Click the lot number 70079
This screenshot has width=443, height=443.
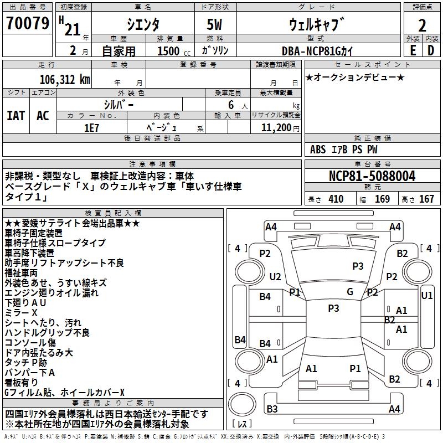(28, 24)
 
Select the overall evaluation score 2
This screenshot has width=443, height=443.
(422, 25)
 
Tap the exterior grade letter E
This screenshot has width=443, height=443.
(413, 50)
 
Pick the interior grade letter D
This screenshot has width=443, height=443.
(431, 50)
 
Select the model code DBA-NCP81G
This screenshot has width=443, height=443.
(316, 50)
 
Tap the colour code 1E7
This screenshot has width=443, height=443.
(91, 126)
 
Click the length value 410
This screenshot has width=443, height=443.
(336, 199)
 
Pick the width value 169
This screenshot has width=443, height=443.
(382, 199)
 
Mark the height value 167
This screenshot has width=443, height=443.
(426, 199)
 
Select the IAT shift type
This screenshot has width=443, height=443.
(16, 115)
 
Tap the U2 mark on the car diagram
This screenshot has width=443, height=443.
(275, 276)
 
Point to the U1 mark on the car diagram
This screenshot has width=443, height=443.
(427, 296)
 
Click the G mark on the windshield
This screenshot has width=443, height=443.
(350, 292)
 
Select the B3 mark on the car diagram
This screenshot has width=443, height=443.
(272, 409)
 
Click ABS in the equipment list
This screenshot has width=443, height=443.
(318, 150)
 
